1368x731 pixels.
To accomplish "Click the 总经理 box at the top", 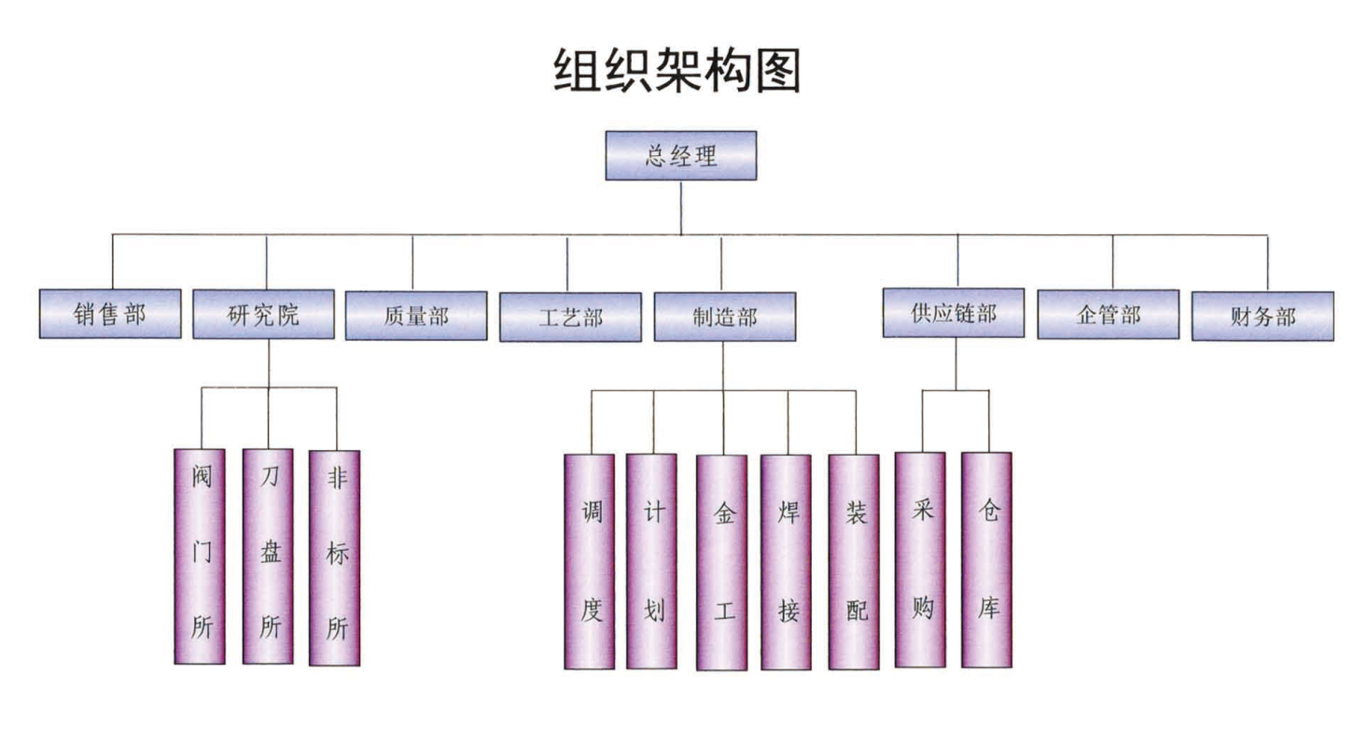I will click(680, 156).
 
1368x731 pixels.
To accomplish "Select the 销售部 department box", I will click(110, 315).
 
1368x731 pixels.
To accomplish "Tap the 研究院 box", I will click(264, 315).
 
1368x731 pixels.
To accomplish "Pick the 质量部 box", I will click(416, 316).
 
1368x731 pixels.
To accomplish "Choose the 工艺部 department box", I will click(570, 317).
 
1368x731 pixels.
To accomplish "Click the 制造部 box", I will click(724, 317).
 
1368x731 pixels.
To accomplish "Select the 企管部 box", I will click(1109, 316).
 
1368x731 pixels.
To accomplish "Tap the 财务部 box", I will click(1263, 316).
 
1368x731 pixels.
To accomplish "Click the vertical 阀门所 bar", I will click(200, 556).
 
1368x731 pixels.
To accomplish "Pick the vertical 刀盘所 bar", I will click(268, 556).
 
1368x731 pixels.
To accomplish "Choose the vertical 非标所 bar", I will click(334, 558).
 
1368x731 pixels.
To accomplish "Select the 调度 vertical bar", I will click(590, 562).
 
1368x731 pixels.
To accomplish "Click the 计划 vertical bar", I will click(651, 562).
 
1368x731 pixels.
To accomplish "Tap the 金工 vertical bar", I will click(721, 563).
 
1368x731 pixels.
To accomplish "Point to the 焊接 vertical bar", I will click(786, 563).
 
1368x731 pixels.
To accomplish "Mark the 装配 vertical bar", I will click(854, 563).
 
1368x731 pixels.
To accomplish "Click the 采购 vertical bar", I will click(920, 560).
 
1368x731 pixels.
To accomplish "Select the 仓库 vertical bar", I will click(986, 560).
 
